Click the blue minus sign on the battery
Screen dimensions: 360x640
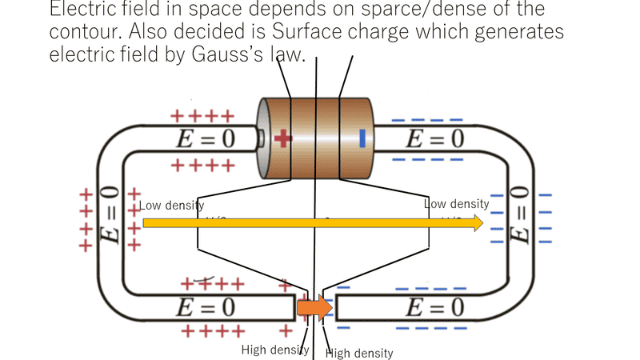[x=362, y=138]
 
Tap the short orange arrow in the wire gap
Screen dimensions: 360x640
[x=314, y=307]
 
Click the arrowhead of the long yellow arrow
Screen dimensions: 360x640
[x=478, y=222]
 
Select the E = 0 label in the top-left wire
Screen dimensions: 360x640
[x=206, y=139]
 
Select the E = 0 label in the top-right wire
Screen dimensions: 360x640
[x=434, y=139]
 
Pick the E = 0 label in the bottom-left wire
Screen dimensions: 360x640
[x=206, y=307]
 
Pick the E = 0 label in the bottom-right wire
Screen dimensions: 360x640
[x=434, y=307]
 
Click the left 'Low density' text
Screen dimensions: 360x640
[x=172, y=206]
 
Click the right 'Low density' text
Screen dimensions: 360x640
[x=456, y=205]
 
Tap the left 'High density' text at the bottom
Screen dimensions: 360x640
[x=275, y=350]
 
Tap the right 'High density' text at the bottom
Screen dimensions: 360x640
[x=360, y=353]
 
